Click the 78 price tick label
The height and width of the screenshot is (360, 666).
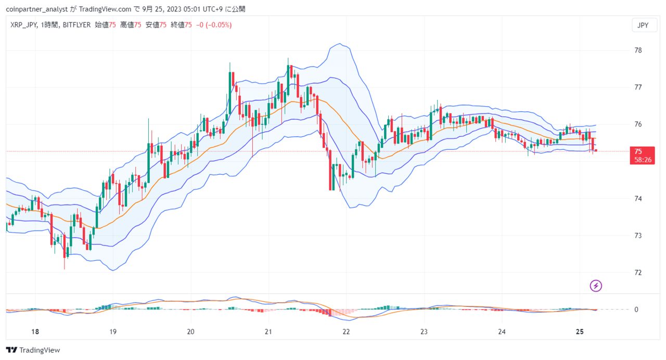[x=638, y=50]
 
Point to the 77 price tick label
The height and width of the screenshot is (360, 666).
[x=638, y=87]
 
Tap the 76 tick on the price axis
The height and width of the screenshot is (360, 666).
[x=638, y=124]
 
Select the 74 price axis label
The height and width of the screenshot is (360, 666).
[x=638, y=199]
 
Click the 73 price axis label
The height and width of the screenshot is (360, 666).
[x=638, y=236]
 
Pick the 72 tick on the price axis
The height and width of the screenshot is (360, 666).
[x=638, y=273]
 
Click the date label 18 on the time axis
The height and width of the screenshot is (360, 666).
[x=35, y=332]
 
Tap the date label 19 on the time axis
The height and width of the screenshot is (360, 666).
[x=113, y=332]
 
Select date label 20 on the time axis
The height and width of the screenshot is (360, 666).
[x=190, y=332]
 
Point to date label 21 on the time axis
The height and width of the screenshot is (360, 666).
[x=268, y=332]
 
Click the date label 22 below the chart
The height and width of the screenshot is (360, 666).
[x=346, y=332]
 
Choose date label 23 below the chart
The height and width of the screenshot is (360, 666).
[x=424, y=332]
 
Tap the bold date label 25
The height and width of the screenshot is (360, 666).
[x=580, y=332]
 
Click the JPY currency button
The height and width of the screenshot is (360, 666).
[x=643, y=25]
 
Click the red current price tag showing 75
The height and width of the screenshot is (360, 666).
[x=642, y=155]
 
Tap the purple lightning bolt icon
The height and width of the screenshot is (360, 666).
[x=596, y=286]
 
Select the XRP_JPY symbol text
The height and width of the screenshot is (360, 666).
[x=23, y=25]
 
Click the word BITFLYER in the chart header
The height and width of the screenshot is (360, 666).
[x=76, y=25]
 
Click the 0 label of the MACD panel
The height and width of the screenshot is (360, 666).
[x=636, y=310]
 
